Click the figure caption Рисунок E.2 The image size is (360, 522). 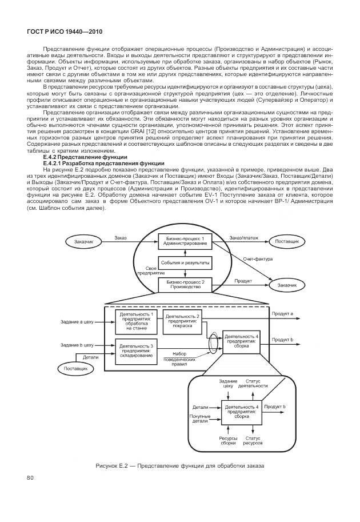pyautogui.click(x=180, y=466)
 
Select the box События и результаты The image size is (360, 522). pyautogui.click(x=185, y=262)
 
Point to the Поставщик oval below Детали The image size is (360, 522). pyautogui.click(x=75, y=369)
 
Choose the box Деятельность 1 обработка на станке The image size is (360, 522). pyautogui.click(x=136, y=321)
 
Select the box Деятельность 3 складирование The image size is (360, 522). pyautogui.click(x=136, y=350)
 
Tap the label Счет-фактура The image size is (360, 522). pyautogui.click(x=258, y=259)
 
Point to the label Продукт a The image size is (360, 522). pyautogui.click(x=282, y=313)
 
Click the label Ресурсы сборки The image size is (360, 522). pyautogui.click(x=228, y=440)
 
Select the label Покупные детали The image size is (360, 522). pyautogui.click(x=200, y=419)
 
